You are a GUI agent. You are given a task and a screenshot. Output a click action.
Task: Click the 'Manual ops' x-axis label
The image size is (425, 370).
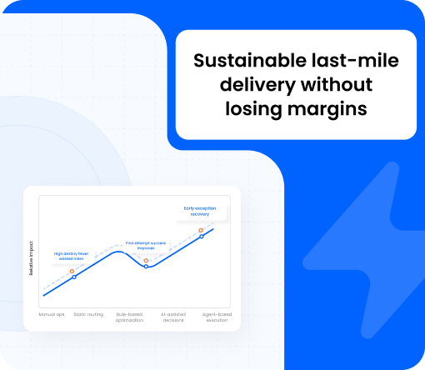(51, 314)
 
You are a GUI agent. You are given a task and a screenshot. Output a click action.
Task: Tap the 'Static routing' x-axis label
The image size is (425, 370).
(88, 314)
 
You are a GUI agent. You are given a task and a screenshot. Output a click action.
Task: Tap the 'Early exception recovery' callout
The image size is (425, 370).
(199, 211)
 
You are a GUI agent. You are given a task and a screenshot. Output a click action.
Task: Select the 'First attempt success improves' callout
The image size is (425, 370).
(147, 245)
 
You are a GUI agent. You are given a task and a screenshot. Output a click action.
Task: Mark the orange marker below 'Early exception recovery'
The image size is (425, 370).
(202, 230)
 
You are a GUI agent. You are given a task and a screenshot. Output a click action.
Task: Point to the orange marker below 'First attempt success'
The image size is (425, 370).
(147, 260)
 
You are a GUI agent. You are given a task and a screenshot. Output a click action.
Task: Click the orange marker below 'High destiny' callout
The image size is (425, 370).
(72, 271)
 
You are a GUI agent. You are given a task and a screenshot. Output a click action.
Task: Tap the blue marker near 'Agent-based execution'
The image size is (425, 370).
(202, 237)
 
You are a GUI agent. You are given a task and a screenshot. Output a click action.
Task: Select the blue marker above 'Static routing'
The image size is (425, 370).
(74, 277)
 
